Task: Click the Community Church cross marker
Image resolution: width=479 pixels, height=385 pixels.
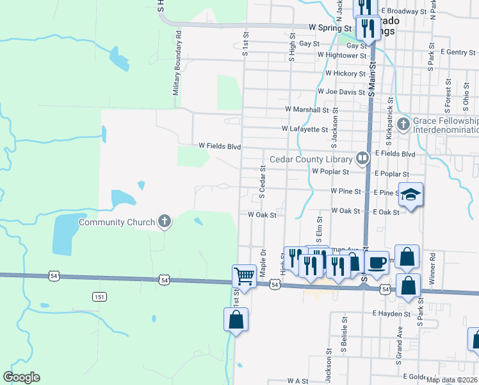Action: pyautogui.click(x=165, y=222)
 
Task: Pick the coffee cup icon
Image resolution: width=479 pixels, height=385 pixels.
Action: pyautogui.click(x=378, y=262)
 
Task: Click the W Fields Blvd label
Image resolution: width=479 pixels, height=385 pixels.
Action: pyautogui.click(x=219, y=147)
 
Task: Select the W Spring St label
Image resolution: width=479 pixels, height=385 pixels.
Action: pyautogui.click(x=330, y=28)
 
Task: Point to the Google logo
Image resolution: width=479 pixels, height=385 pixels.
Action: pyautogui.click(x=21, y=377)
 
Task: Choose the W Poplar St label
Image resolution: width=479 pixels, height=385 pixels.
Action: pyautogui.click(x=330, y=171)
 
